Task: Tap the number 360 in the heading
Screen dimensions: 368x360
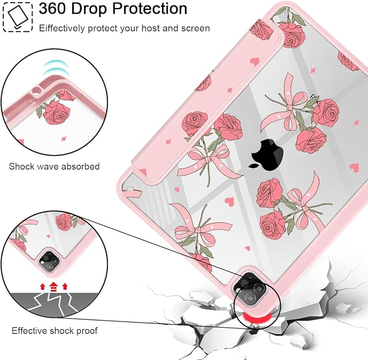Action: [x=52, y=9]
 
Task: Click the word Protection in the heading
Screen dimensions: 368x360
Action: [x=150, y=9]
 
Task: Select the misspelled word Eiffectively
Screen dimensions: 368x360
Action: [x=62, y=28]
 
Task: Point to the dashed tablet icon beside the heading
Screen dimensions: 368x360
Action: [x=17, y=17]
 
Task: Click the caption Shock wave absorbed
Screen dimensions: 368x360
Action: [x=54, y=166]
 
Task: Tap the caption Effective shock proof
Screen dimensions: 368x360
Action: [x=54, y=331]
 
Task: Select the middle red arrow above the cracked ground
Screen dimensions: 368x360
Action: [x=54, y=286]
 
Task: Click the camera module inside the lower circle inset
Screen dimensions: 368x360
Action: [x=50, y=261]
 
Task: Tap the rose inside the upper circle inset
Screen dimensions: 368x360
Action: [x=56, y=112]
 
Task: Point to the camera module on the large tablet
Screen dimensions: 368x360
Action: [x=251, y=290]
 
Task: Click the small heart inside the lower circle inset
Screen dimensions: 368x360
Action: [x=48, y=236]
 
